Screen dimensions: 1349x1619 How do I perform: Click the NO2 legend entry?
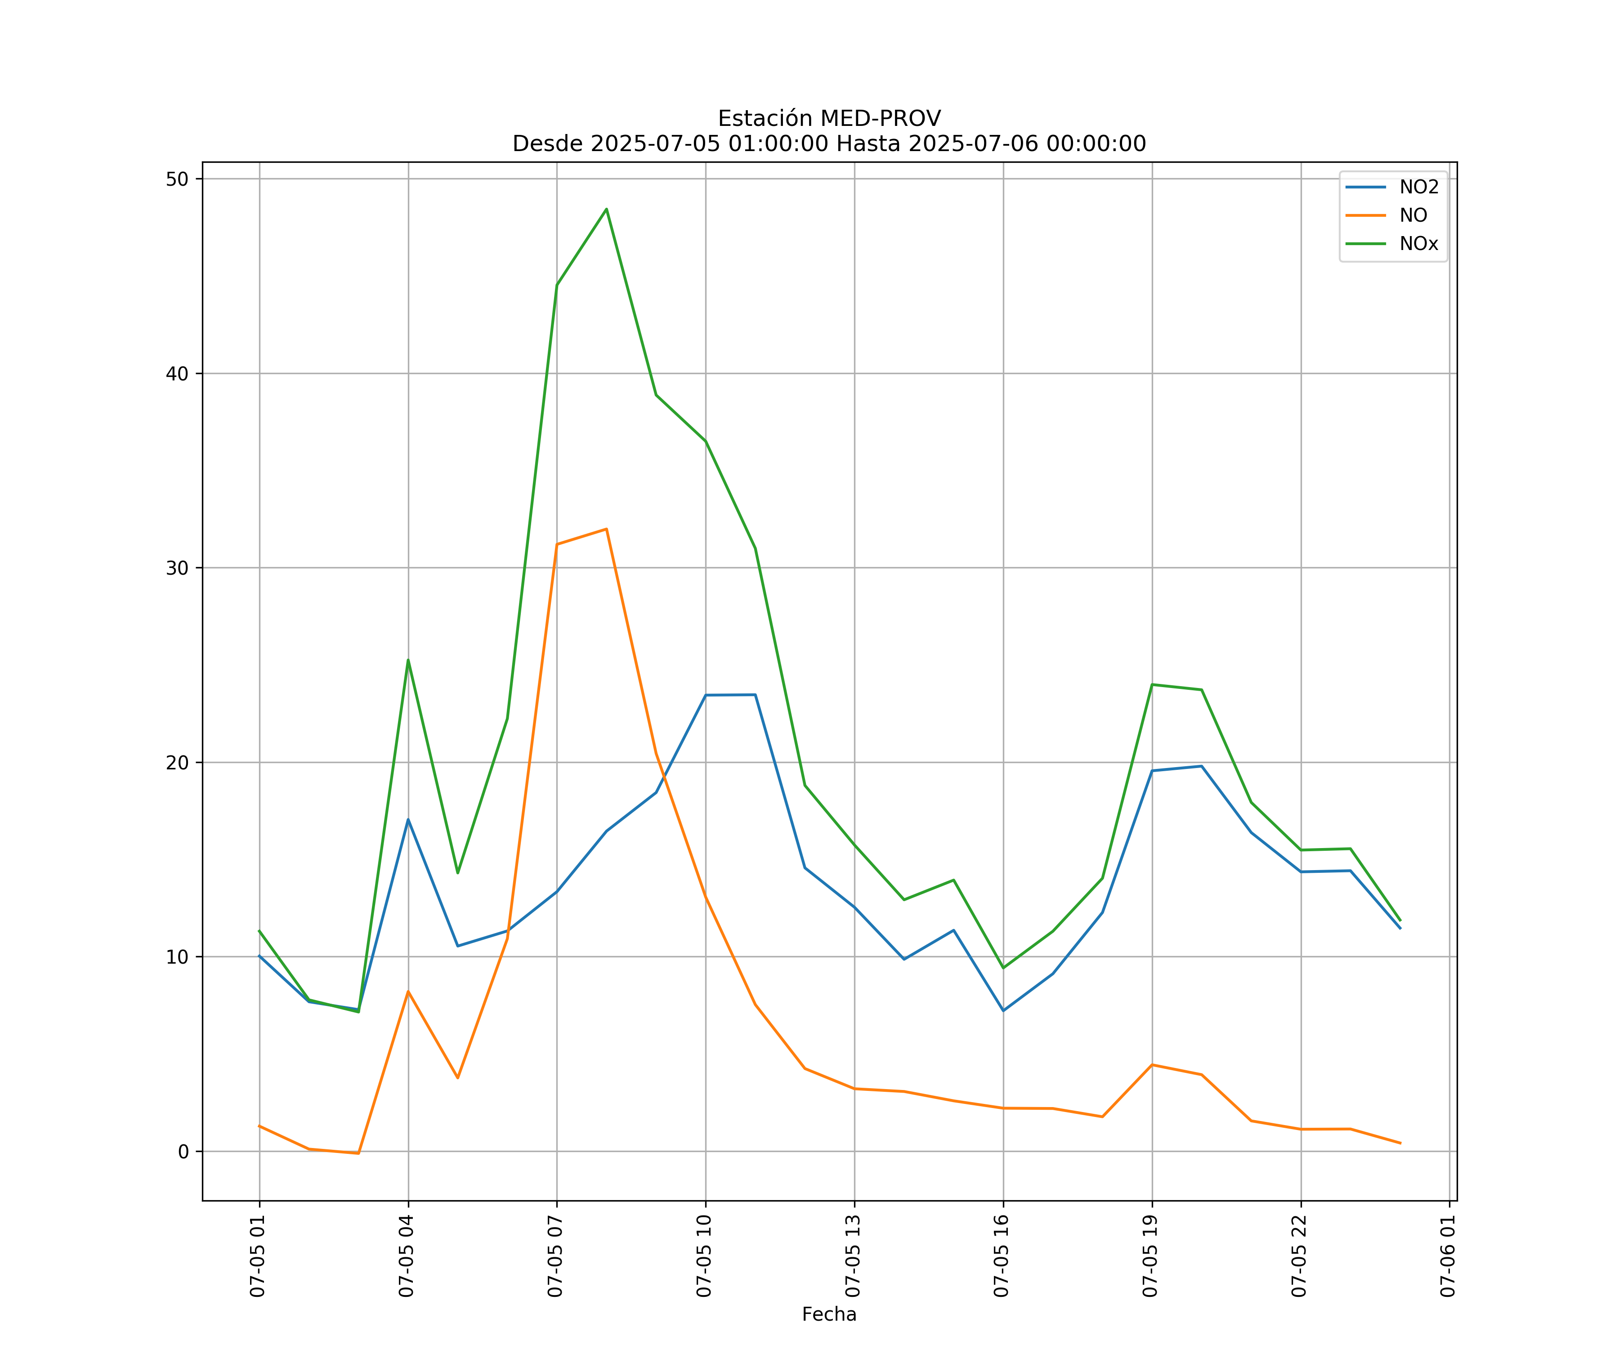[1418, 188]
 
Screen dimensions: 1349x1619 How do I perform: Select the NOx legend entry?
[1418, 244]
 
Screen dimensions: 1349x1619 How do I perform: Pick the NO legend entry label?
[1413, 216]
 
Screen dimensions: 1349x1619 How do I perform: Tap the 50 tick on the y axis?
[177, 179]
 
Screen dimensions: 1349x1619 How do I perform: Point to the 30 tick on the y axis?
[177, 568]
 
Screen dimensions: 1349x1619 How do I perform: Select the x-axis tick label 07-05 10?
[704, 1256]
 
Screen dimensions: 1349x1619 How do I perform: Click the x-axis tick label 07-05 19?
[1150, 1256]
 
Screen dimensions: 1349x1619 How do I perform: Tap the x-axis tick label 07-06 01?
[1448, 1256]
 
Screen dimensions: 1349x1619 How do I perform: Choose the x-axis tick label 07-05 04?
[406, 1256]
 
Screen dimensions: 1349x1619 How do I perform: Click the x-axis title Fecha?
[829, 1314]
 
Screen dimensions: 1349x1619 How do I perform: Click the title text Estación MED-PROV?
[829, 119]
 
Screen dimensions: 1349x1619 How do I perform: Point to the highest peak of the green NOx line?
[606, 209]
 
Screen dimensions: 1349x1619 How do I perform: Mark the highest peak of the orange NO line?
[606, 529]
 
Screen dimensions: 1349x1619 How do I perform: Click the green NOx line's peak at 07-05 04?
[408, 660]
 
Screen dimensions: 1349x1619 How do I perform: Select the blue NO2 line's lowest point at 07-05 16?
[1003, 1010]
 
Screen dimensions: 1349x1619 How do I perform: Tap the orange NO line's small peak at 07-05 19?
[1152, 1064]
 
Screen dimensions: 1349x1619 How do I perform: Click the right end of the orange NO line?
[1400, 1143]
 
